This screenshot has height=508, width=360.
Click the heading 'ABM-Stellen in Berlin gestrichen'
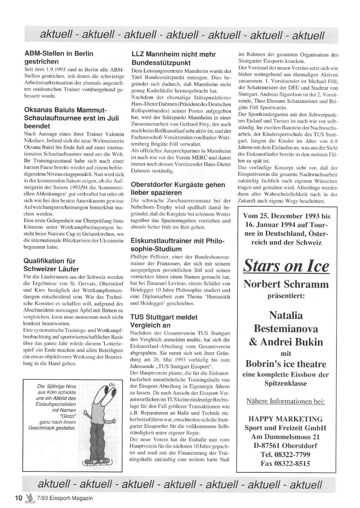pyautogui.click(x=58, y=58)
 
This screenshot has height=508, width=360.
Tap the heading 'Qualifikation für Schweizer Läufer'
pyautogui.click(x=51, y=265)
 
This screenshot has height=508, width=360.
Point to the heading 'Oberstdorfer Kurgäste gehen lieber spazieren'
pyautogui.click(x=178, y=189)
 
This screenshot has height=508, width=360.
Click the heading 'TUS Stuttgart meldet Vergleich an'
pyautogui.click(x=164, y=321)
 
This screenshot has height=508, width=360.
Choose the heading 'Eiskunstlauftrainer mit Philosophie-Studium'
pyautogui.click(x=177, y=245)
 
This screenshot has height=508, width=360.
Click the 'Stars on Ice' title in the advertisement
pyautogui.click(x=286, y=266)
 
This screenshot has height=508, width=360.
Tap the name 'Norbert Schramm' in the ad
pyautogui.click(x=286, y=284)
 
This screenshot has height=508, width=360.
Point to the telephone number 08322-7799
pyautogui.click(x=286, y=454)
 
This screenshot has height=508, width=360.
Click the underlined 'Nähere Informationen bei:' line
pyautogui.click(x=285, y=401)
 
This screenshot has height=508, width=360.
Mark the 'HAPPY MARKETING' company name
pyautogui.click(x=285, y=419)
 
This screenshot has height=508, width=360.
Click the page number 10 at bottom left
pyautogui.click(x=19, y=498)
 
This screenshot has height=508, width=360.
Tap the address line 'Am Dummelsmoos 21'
pyautogui.click(x=285, y=437)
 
